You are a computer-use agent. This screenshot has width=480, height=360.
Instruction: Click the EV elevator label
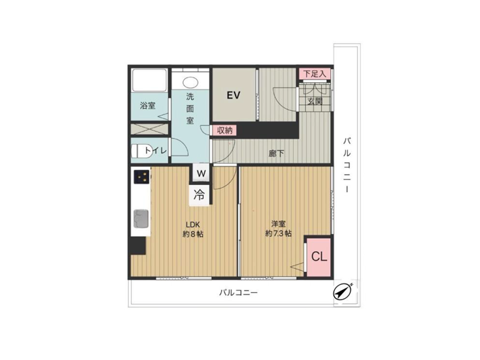click(233, 95)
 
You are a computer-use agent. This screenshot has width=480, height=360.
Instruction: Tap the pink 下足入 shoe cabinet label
click(314, 74)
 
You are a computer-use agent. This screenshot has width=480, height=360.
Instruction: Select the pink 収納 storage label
click(224, 130)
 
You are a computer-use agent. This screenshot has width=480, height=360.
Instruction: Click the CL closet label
click(319, 257)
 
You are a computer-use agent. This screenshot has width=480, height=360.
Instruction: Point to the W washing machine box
click(201, 173)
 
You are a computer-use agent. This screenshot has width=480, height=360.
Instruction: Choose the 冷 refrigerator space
click(199, 195)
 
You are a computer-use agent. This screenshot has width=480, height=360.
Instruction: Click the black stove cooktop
click(142, 177)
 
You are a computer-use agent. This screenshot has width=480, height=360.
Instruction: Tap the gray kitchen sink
click(141, 218)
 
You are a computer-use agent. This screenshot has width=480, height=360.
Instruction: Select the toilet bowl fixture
click(142, 151)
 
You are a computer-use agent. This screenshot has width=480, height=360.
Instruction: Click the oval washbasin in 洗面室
click(190, 82)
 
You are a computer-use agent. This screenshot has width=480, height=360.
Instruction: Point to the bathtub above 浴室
click(149, 80)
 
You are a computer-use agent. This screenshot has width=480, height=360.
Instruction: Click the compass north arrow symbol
click(342, 292)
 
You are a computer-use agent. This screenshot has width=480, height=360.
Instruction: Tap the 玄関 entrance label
click(314, 101)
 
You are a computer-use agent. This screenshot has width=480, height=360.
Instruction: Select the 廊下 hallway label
click(276, 153)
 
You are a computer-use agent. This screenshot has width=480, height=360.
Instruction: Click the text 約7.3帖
click(278, 233)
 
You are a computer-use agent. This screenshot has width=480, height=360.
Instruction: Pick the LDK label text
click(193, 224)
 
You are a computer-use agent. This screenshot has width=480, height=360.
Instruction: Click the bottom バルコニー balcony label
click(238, 293)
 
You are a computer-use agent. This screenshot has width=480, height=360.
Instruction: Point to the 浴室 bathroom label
click(148, 106)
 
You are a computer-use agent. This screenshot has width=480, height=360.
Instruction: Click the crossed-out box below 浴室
click(149, 129)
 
